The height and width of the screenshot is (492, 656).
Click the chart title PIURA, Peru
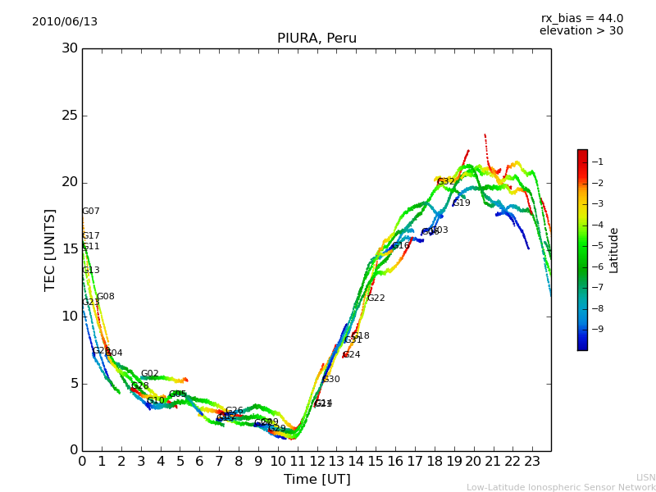pyautogui.click(x=317, y=39)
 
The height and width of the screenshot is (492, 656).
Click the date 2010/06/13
pyautogui.click(x=65, y=22)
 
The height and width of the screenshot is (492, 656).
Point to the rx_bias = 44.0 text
pyautogui.click(x=581, y=19)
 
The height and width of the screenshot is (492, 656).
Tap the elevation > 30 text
pyautogui.click(x=581, y=31)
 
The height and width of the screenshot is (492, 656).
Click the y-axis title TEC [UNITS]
pyautogui.click(x=51, y=249)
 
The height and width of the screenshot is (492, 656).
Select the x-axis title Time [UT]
pyautogui.click(x=317, y=480)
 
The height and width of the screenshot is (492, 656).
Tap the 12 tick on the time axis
pyautogui.click(x=317, y=461)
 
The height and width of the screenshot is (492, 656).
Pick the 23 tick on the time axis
pyautogui.click(x=532, y=461)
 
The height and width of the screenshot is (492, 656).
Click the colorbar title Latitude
pyautogui.click(x=614, y=250)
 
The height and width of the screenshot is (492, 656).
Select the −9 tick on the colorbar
pyautogui.click(x=597, y=330)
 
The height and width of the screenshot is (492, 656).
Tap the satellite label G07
pyautogui.click(x=90, y=212)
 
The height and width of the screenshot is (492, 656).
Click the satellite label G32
pyautogui.click(x=445, y=182)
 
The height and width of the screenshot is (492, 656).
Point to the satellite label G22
pyautogui.click(x=376, y=298)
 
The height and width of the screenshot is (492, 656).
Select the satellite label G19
pyautogui.click(x=462, y=203)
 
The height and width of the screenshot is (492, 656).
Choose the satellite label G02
pyautogui.click(x=149, y=374)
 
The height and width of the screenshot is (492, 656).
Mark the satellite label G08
pyautogui.click(x=106, y=297)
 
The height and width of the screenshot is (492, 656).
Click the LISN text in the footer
pyautogui.click(x=645, y=477)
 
